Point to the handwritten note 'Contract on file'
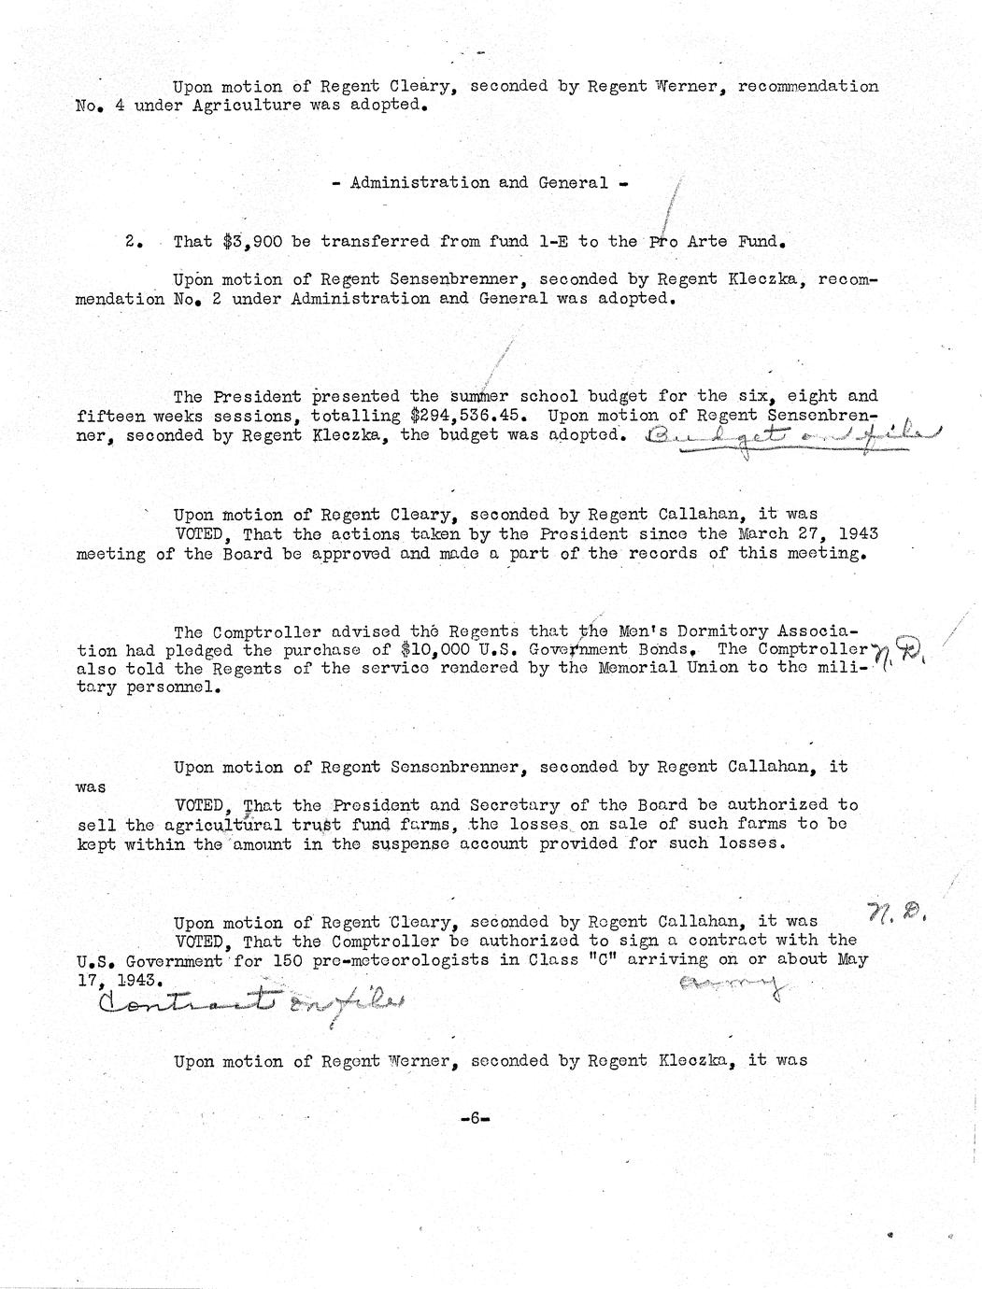click(x=252, y=1002)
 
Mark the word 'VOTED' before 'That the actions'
click(x=205, y=534)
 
